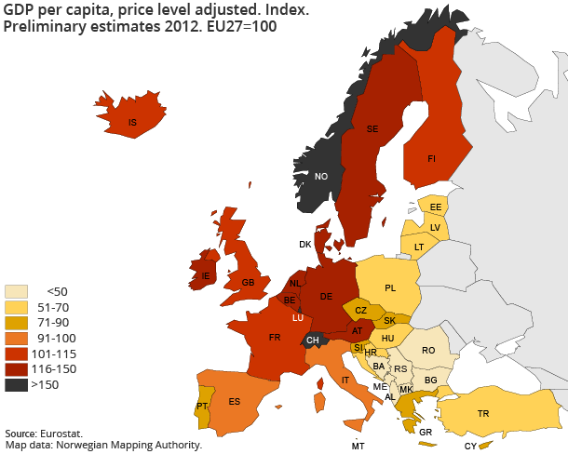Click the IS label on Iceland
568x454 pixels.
[132, 122]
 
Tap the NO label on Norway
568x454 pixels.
[321, 177]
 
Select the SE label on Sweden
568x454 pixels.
[372, 128]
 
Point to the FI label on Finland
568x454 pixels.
[432, 159]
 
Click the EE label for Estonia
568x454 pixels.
[435, 207]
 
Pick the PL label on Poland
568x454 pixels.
[390, 287]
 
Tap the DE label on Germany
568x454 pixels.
[326, 296]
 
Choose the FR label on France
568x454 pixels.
[276, 338]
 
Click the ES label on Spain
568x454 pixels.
[234, 402]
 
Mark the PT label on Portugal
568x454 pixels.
[202, 407]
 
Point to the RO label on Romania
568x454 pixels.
[427, 351]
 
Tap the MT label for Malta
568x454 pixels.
[358, 447]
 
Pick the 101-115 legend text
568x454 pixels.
[54, 354]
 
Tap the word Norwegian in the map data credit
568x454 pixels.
[86, 446]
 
